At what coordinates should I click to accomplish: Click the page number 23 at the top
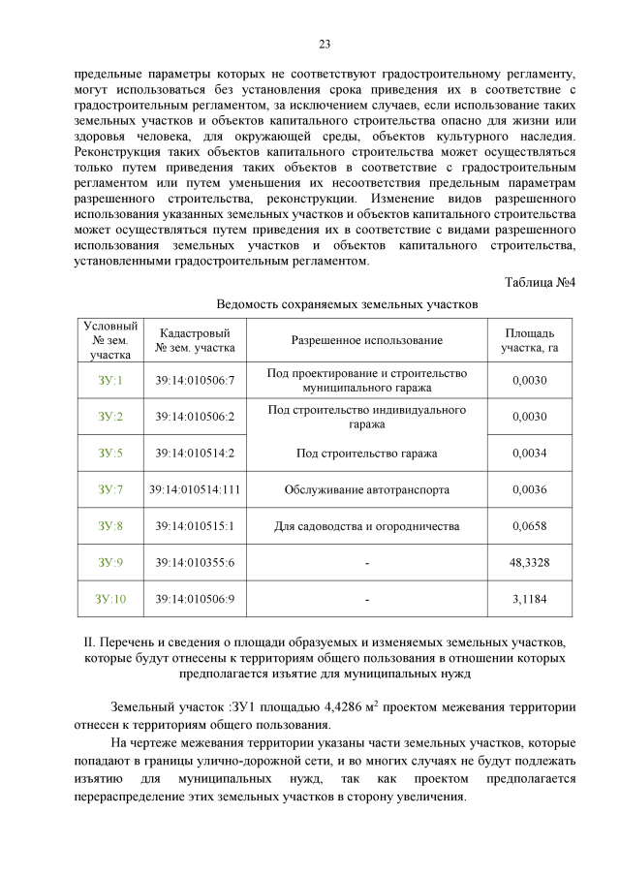point(325,44)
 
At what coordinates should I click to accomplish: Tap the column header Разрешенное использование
point(367,340)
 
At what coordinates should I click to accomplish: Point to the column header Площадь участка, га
point(529,340)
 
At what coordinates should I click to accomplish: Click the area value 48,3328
point(529,562)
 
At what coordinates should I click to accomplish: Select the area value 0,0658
point(529,526)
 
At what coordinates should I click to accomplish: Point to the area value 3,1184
point(529,599)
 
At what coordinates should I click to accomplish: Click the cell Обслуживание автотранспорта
point(367,489)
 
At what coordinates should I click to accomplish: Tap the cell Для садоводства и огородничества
point(367,526)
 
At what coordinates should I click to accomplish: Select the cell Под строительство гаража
point(367,453)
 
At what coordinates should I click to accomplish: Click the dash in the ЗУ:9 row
point(367,562)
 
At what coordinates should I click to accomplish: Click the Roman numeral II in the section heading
point(90,642)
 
